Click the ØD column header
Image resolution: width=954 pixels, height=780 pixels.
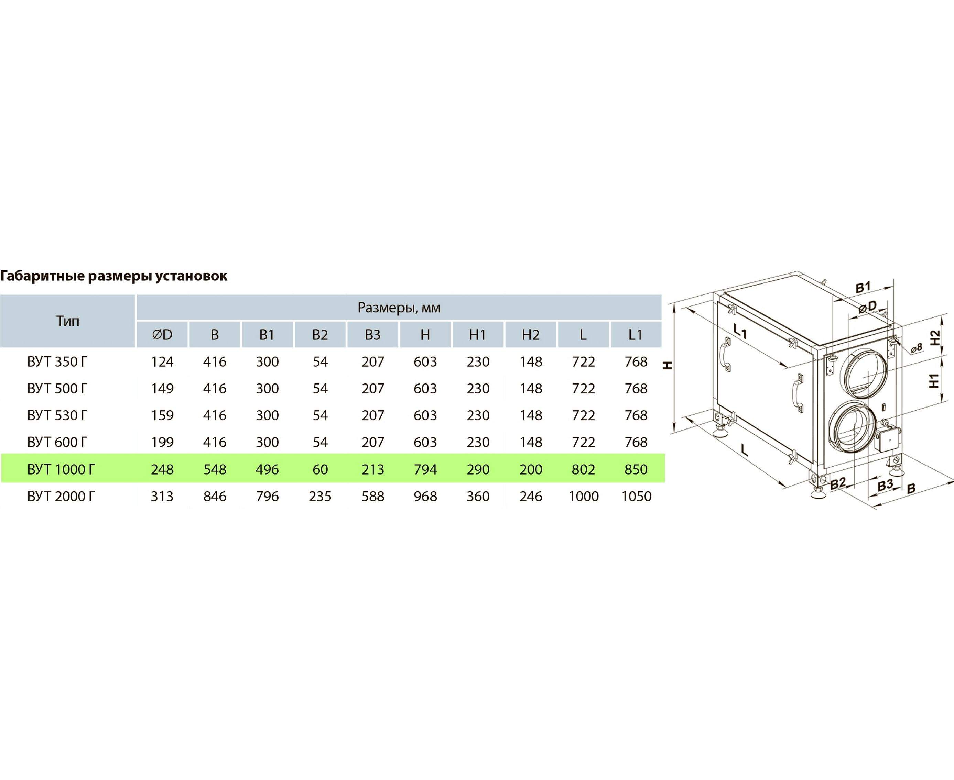162,335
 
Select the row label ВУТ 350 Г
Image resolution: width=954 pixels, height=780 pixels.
57,362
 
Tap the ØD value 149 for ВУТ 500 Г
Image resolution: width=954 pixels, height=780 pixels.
162,389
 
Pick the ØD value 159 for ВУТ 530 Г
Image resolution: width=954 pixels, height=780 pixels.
162,416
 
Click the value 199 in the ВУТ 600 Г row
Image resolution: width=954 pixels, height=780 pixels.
162,443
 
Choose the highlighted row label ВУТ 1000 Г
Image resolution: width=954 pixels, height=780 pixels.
61,469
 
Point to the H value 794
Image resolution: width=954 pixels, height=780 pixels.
425,469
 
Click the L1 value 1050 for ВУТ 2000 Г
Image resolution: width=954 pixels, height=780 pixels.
636,497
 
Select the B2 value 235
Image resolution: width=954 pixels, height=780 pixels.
320,497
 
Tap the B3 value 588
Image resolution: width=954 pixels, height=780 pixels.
373,497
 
